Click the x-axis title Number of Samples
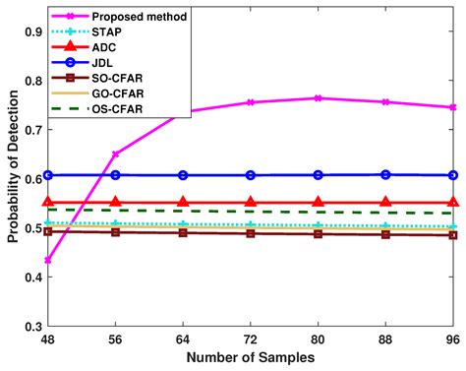point(250,357)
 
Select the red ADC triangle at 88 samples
point(385,202)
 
